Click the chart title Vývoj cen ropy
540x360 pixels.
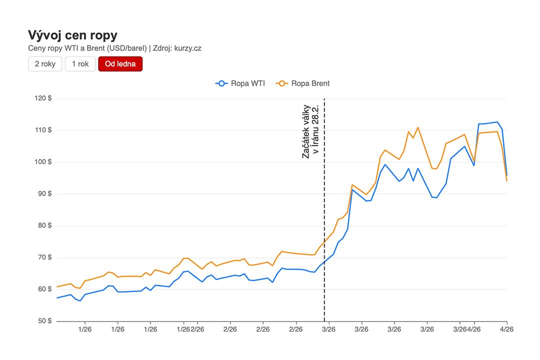click(72, 35)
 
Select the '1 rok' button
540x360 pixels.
click(80, 64)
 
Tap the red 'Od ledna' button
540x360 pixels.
click(120, 64)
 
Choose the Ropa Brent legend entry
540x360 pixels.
click(303, 83)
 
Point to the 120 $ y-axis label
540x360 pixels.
click(43, 98)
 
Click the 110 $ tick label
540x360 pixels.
click(43, 130)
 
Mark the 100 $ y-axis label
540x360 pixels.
click(43, 162)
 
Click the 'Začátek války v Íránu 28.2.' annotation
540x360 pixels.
click(310, 131)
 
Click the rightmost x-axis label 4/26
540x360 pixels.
click(506, 329)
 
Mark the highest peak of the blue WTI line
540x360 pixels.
click(497, 122)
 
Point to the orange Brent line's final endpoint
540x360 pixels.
click(506, 180)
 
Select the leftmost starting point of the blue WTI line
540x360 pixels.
click(57, 298)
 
